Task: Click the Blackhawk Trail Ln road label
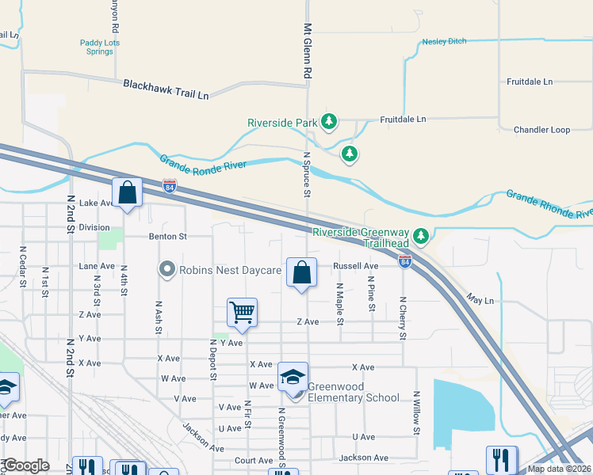point(166,89)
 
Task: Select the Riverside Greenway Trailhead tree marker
point(422,235)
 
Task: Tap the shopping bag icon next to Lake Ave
point(127,192)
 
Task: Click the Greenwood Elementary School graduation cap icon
point(293,375)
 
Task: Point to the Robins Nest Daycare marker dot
point(166,270)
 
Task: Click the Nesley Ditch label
point(444,41)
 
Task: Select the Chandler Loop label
point(541,130)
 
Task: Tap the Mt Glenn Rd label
point(308,50)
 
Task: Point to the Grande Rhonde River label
point(549,204)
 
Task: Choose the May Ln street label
point(480,301)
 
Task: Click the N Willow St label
point(415,412)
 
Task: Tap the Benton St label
point(166,236)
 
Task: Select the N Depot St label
point(213,359)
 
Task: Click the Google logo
point(26,465)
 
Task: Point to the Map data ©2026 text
point(559,469)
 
